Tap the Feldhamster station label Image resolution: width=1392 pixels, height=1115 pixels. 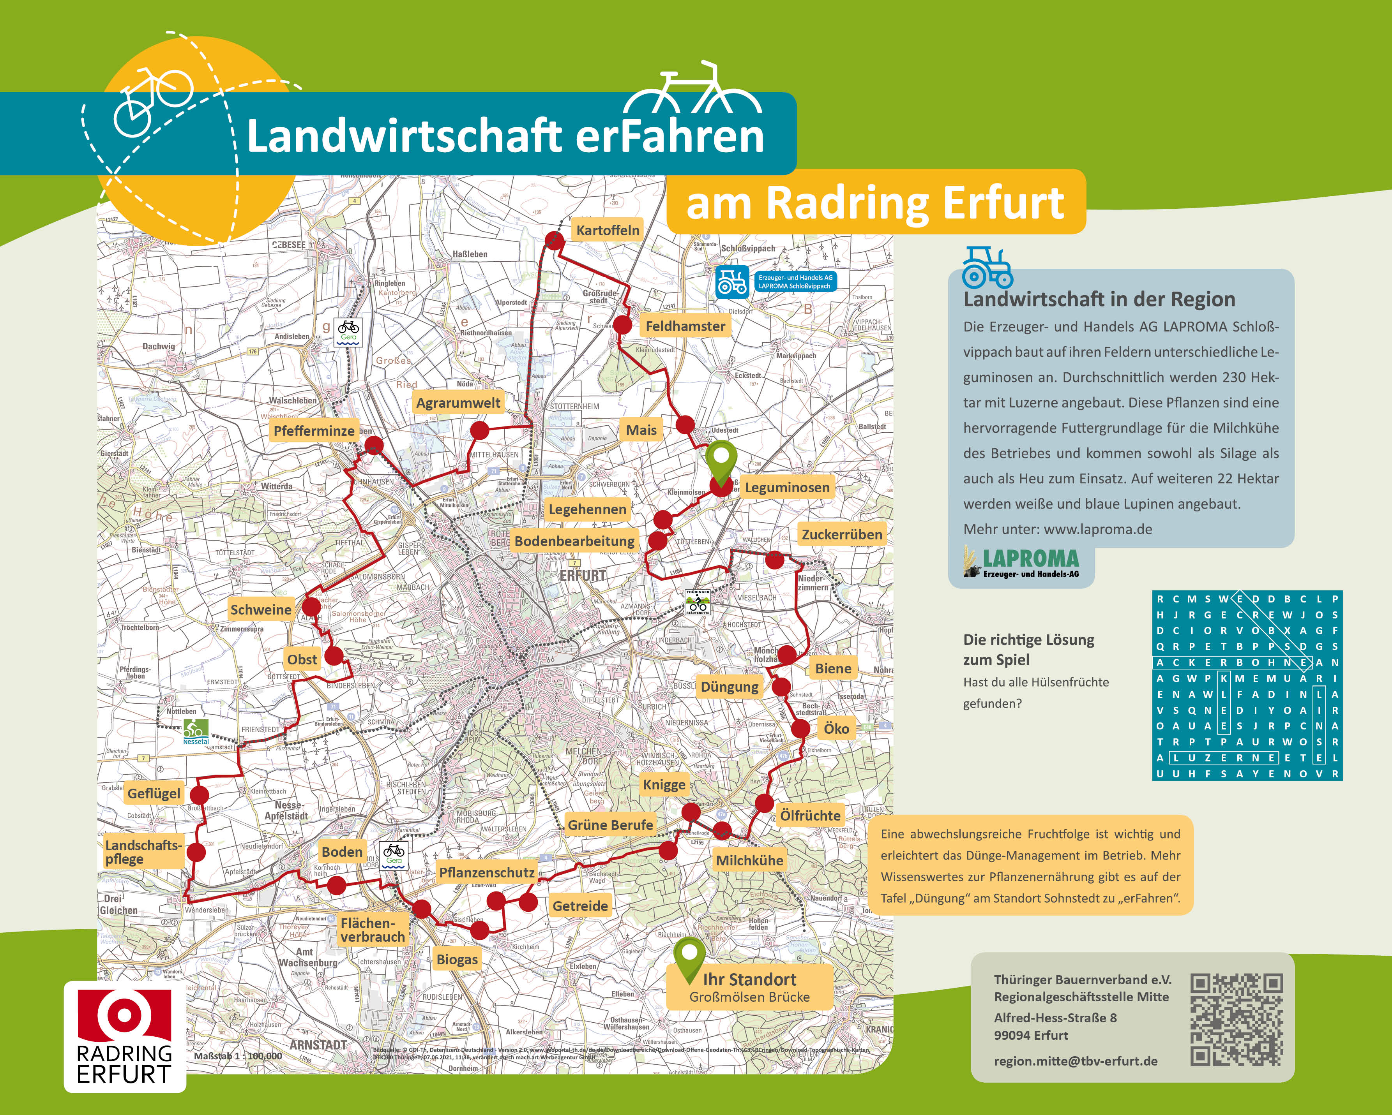(685, 326)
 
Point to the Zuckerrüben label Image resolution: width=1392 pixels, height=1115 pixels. (841, 534)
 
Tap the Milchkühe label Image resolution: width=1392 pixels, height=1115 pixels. (749, 860)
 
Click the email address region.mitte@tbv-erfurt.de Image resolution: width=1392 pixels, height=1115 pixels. (1076, 1061)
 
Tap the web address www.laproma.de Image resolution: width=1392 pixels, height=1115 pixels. (1098, 529)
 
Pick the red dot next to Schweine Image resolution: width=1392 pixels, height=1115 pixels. (311, 606)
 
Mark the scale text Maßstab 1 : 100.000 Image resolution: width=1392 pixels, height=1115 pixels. (238, 1056)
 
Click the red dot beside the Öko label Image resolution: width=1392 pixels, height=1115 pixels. (800, 729)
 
